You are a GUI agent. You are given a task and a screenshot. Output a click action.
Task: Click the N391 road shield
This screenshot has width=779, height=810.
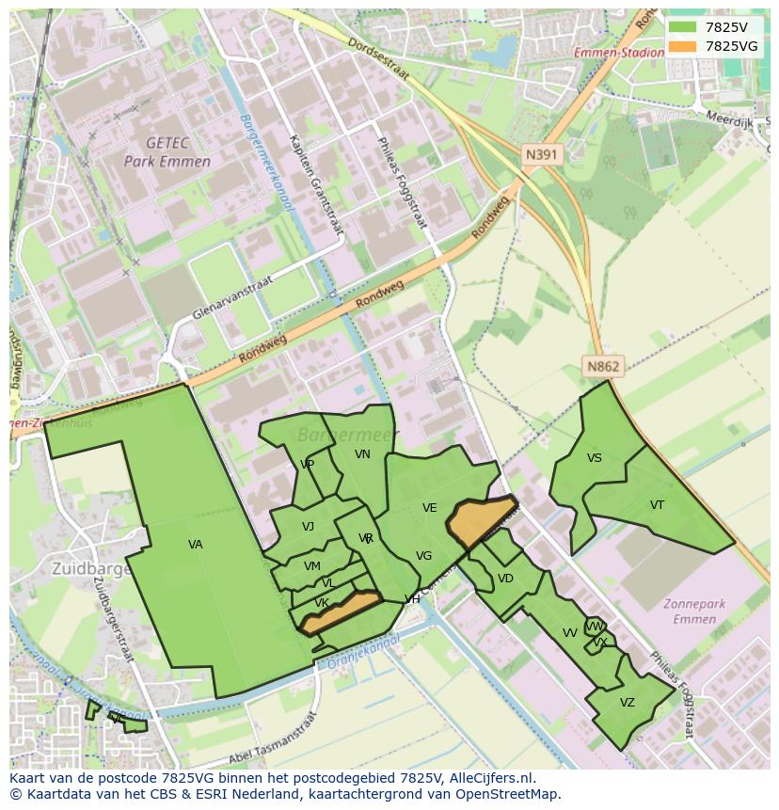click(543, 154)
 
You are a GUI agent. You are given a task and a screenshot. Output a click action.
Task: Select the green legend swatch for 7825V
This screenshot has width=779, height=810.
click(684, 27)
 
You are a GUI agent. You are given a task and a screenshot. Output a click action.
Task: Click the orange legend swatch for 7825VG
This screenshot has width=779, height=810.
click(684, 46)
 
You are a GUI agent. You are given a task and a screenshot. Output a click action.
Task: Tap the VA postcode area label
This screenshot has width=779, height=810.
click(195, 545)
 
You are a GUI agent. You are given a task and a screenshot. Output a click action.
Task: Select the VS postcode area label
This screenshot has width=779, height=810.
click(594, 458)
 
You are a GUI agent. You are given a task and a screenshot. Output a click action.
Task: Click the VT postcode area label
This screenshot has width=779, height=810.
click(657, 505)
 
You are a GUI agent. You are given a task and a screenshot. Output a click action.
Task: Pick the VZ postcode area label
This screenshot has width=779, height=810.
click(627, 703)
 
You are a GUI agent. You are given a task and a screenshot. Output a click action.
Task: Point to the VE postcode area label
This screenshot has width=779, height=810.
click(429, 508)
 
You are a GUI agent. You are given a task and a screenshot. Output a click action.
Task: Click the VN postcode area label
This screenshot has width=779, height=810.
click(362, 454)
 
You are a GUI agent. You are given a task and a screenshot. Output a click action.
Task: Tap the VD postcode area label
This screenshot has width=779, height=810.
click(505, 579)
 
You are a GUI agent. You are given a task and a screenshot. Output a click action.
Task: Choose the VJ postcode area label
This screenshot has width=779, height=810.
click(308, 527)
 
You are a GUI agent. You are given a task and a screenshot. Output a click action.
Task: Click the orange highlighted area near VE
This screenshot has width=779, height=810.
click(480, 520)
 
